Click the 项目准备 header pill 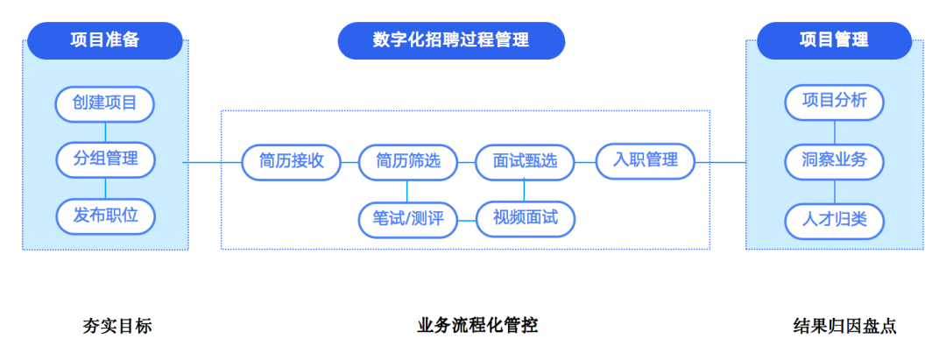point(105,40)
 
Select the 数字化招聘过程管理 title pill point(451,40)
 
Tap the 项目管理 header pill point(835,40)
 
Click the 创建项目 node point(105,103)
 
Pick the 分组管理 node point(105,159)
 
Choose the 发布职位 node point(105,216)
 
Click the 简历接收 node point(292,162)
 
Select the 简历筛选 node point(408,162)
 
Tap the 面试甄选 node point(525,162)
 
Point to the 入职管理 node point(646,160)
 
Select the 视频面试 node point(525,218)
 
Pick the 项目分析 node point(835,102)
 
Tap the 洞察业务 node point(835,161)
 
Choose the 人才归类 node point(835,221)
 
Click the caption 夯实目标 point(117,326)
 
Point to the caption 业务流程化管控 point(477,326)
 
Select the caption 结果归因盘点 point(844,326)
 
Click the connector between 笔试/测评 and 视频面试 point(467,220)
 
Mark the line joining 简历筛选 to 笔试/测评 point(406,191)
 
